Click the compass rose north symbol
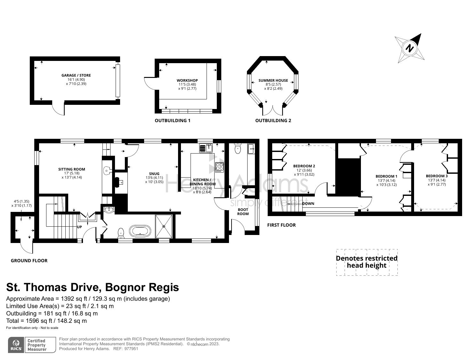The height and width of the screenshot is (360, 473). click(x=410, y=49)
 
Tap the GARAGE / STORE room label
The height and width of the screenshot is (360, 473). click(x=76, y=75)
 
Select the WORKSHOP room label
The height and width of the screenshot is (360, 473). click(x=187, y=80)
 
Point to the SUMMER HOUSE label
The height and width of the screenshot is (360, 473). click(x=273, y=80)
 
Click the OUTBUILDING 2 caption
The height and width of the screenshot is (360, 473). click(x=273, y=121)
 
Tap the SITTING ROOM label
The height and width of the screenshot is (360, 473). click(x=72, y=169)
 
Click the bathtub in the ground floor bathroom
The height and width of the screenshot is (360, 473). click(x=140, y=231)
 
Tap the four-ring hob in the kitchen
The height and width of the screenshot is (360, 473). click(x=220, y=167)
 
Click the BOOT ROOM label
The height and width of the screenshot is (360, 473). click(x=243, y=212)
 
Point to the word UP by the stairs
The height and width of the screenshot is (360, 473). click(x=79, y=227)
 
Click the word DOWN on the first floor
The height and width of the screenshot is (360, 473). click(x=308, y=204)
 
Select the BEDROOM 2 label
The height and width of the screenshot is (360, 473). click(x=304, y=166)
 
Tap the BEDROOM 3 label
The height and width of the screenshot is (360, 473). click(x=436, y=176)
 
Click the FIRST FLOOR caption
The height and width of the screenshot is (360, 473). click(x=281, y=225)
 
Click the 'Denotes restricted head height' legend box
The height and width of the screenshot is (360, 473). click(x=367, y=262)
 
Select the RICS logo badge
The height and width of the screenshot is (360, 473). click(x=16, y=345)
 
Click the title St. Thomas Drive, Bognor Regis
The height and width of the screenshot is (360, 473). click(x=93, y=287)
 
